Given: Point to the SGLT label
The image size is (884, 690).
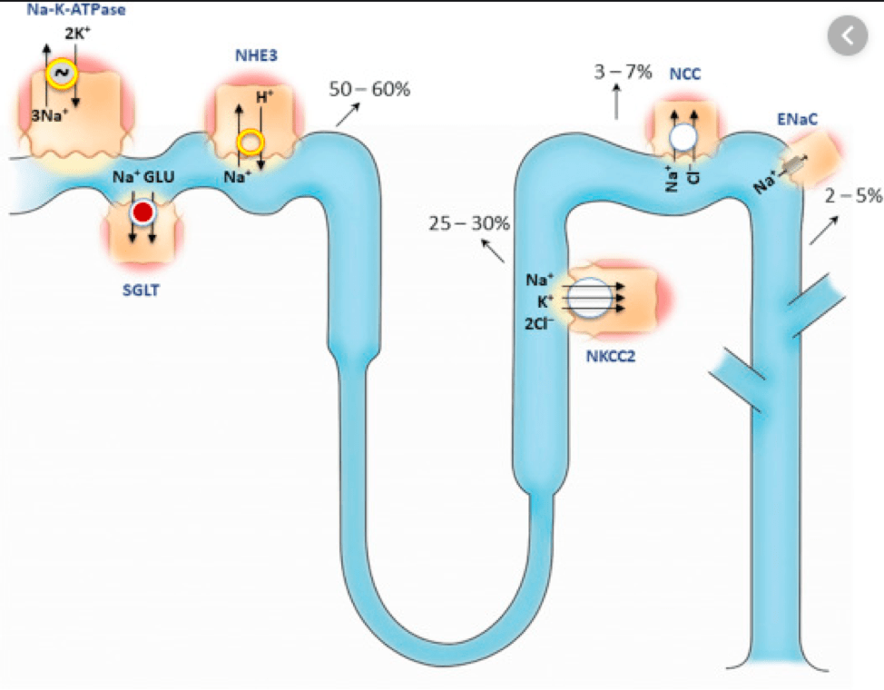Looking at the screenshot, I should point(141,290).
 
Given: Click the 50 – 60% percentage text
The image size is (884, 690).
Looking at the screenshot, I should point(369,90).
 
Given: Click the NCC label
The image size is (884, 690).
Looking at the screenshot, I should point(686,74).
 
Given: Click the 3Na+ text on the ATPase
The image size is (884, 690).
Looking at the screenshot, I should point(47,115).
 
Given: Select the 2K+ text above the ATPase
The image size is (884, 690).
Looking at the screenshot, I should point(77,34).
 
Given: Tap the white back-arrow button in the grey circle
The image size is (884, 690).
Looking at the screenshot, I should point(848,36).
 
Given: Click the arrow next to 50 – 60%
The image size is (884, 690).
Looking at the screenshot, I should point(347,114).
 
